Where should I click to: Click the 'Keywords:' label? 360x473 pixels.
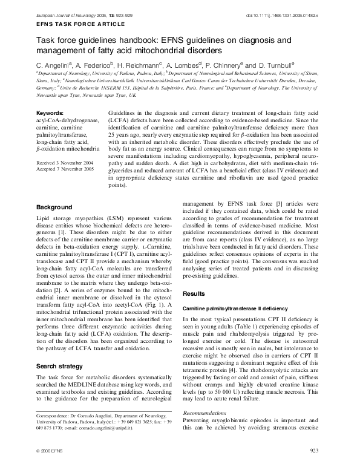[x=50, y=113]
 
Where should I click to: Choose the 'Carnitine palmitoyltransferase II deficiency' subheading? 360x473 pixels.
[x=236, y=308]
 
